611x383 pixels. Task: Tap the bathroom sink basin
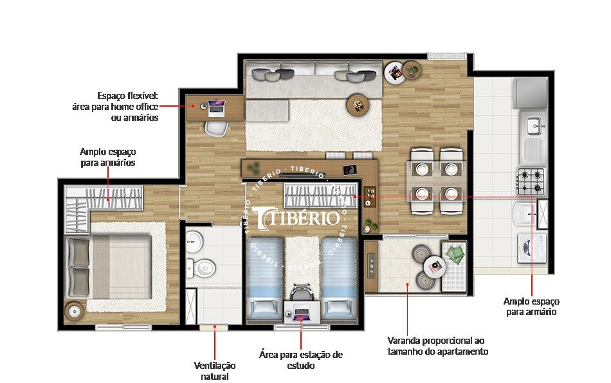click(x=194, y=243)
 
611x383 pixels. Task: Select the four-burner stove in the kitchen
click(x=531, y=181)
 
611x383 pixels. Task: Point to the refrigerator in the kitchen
click(x=530, y=94)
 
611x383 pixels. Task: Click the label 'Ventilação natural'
click(x=215, y=370)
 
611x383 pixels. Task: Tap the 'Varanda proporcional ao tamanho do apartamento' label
click(x=437, y=346)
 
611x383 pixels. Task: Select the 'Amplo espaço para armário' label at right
click(x=531, y=307)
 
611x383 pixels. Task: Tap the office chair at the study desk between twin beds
click(x=301, y=293)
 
